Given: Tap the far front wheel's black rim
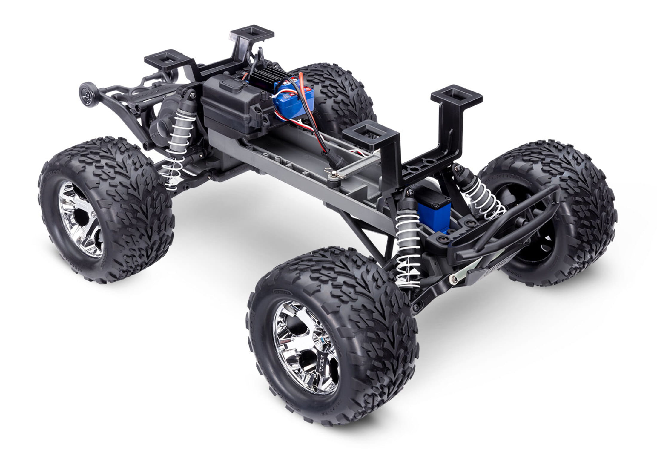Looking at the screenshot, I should [535, 239].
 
